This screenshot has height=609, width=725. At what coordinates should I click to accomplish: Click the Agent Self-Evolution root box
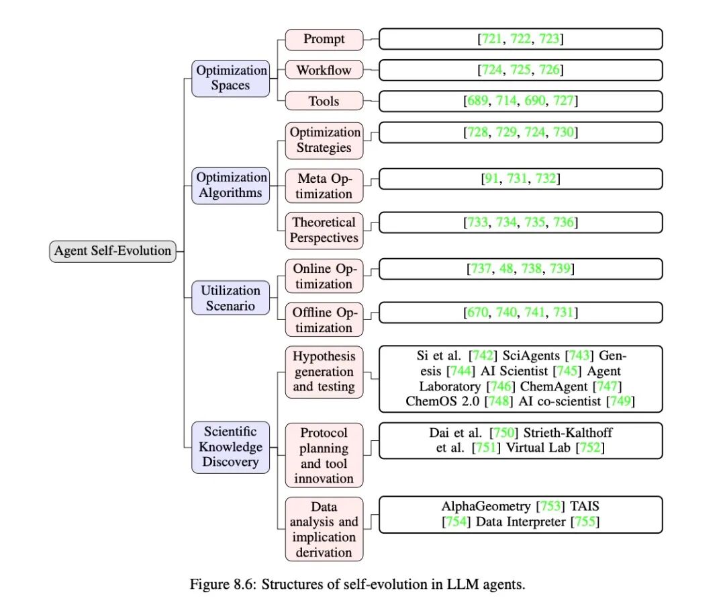(x=113, y=251)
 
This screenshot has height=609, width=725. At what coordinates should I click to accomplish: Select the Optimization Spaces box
(x=231, y=78)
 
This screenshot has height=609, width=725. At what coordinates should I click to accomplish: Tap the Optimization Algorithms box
(x=231, y=186)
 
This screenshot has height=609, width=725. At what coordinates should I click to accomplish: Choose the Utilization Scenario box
(x=231, y=298)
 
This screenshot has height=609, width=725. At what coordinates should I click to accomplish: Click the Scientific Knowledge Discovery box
(x=231, y=447)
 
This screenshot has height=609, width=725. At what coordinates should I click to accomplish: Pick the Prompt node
(x=324, y=40)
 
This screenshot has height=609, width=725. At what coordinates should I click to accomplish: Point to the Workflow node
(x=324, y=70)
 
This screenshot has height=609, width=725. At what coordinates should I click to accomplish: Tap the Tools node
(x=324, y=101)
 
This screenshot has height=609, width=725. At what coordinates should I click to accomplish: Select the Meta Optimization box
(x=324, y=186)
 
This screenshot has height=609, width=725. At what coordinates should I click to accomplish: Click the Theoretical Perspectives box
(x=324, y=230)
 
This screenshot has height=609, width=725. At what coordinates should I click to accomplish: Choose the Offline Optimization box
(x=324, y=319)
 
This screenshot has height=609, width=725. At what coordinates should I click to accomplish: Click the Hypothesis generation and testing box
(x=324, y=372)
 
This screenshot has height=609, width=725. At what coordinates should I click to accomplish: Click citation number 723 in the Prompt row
(x=549, y=39)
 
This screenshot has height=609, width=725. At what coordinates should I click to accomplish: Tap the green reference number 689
(x=478, y=101)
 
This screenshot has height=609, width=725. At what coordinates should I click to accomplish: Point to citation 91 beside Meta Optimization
(x=491, y=178)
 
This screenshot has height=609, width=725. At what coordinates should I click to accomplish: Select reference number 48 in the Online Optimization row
(x=506, y=269)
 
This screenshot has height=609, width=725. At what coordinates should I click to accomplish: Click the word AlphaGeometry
(x=486, y=506)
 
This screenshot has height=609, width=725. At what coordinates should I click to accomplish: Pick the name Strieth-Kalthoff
(x=568, y=433)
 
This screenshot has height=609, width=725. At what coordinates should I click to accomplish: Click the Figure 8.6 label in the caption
(x=223, y=584)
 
